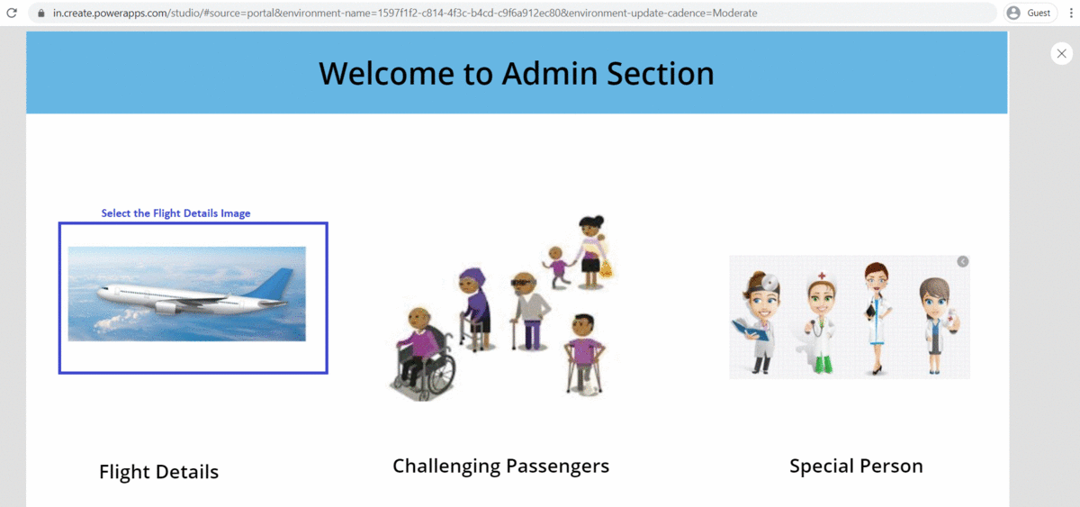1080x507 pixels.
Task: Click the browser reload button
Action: [x=13, y=14]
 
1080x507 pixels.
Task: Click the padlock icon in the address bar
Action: [x=40, y=14]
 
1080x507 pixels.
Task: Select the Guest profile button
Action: [x=1029, y=14]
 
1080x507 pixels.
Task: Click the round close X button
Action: [x=1061, y=54]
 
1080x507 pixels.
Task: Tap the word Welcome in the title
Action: [x=386, y=74]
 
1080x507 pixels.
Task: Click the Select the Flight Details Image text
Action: [x=175, y=213]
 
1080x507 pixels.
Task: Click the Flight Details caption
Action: [x=158, y=472]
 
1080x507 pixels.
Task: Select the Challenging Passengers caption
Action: [x=500, y=466]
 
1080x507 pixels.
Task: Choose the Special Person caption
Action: [x=856, y=466]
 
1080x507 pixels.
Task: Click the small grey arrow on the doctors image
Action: [x=962, y=261]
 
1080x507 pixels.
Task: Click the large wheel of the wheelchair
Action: [x=437, y=369]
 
